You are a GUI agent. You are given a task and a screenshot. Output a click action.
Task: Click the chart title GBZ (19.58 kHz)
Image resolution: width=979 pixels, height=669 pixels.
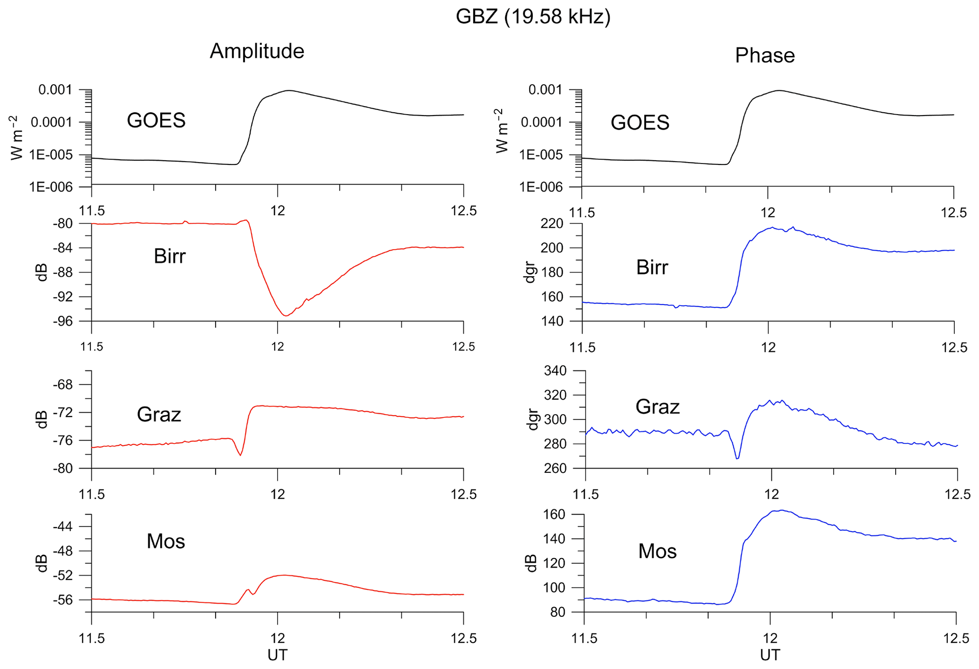[x=533, y=17]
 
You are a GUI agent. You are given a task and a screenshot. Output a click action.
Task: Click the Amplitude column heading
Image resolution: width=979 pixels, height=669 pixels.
[x=257, y=51]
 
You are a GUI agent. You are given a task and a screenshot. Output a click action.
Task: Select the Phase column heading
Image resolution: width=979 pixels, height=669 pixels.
[x=764, y=55]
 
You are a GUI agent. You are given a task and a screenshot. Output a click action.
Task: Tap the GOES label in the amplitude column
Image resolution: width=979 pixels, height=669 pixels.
[x=156, y=120]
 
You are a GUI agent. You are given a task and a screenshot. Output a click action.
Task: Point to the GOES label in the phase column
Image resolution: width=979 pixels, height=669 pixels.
[x=640, y=123]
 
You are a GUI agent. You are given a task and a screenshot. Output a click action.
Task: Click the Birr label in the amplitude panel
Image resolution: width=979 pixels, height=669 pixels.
[x=170, y=256]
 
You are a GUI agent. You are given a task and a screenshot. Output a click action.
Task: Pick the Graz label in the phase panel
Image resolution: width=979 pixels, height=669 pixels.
[x=657, y=407]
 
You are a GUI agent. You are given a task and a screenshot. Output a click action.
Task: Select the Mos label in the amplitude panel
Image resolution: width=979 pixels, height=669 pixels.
[x=166, y=542]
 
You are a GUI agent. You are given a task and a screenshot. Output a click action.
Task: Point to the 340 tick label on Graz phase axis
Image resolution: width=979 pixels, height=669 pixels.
[x=555, y=371]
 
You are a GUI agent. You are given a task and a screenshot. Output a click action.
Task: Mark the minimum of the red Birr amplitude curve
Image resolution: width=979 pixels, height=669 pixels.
[x=285, y=316]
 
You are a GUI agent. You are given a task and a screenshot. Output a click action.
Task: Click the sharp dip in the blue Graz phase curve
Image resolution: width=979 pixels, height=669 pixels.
[x=737, y=458]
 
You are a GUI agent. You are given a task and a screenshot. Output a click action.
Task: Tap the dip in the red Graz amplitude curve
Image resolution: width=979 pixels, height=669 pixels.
[x=241, y=455]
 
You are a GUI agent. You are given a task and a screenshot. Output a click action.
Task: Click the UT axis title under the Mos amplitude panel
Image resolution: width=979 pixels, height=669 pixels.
[x=277, y=655]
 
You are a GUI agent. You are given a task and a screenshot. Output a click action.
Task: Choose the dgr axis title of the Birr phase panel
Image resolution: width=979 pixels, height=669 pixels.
[x=530, y=272]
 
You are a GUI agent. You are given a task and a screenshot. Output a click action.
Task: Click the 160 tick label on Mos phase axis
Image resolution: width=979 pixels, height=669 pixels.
[x=554, y=515]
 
